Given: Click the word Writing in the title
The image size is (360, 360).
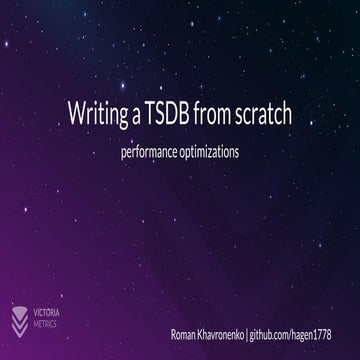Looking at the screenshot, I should (x=93, y=112).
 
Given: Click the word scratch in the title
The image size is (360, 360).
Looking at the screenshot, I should (x=261, y=112).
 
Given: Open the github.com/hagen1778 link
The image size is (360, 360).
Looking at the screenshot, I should (x=291, y=331).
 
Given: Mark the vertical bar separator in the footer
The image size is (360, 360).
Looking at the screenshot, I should (x=246, y=331).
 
